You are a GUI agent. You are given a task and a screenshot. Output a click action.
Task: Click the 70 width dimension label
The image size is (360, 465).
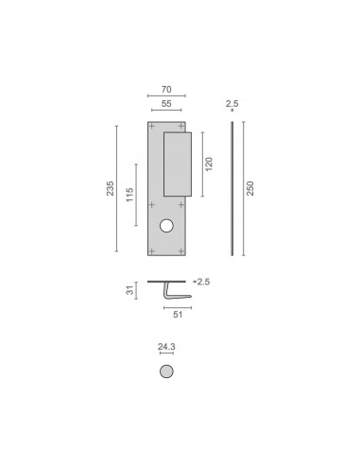166,90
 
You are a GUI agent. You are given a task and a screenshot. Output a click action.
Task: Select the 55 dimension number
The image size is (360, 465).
166,104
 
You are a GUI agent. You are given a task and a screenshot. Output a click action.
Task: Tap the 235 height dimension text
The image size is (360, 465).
110,188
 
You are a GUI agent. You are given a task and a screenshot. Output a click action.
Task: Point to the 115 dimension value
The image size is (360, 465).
129,195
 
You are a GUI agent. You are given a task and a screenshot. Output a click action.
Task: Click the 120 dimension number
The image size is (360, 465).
209,164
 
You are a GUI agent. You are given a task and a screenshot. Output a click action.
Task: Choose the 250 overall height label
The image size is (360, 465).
250,188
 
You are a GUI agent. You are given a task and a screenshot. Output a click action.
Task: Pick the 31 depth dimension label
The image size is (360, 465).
129,290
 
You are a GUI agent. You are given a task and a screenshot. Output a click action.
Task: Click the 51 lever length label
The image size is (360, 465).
178,315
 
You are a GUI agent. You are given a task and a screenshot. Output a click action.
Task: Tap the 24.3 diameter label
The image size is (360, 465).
166,347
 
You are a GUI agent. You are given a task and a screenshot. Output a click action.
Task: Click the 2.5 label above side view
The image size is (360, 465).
232,103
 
